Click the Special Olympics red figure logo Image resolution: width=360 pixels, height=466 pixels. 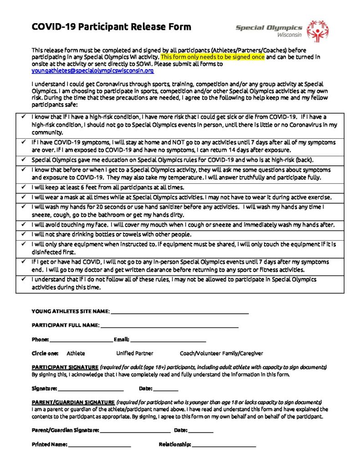pos(317,30)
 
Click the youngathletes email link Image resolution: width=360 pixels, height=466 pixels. pos(93,71)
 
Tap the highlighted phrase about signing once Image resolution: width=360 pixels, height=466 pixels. pos(213,57)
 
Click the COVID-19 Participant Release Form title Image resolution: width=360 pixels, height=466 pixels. pos(112,26)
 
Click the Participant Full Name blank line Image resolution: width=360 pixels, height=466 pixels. pos(169,326)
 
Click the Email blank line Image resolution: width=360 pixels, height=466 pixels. pos(168,340)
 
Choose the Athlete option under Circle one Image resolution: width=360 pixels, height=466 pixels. pos(76,353)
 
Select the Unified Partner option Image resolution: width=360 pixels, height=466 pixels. pos(135,353)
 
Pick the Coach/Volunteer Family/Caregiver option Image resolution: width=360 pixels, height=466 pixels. pos(221,353)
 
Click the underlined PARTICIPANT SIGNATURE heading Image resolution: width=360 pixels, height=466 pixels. pos(65,367)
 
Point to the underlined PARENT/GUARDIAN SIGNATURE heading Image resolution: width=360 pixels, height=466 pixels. pos(73,403)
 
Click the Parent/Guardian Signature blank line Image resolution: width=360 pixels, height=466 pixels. pos(135,431)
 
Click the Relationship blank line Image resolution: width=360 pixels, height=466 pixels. pos(223,445)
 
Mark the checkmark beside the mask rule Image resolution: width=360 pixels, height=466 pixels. pos(23,197)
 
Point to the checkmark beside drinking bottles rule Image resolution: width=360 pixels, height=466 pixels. pos(23,234)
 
